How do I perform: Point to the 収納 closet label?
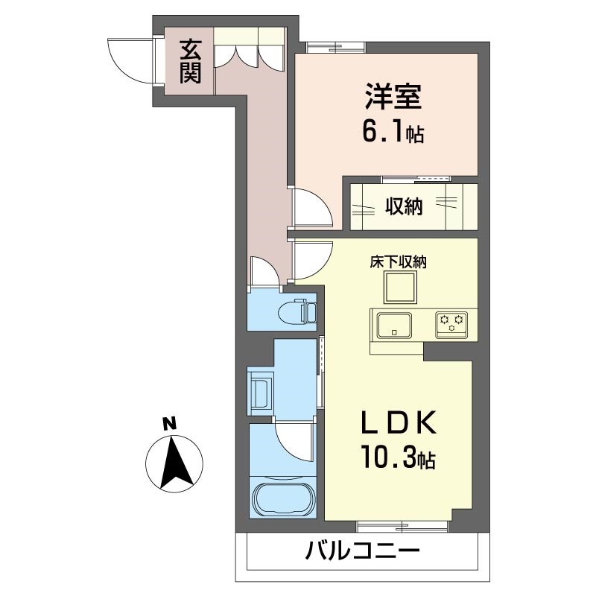click(404, 206)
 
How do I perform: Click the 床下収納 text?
click(398, 261)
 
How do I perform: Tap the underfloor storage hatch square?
click(398, 287)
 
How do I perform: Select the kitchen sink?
click(394, 325)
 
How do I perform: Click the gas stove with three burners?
click(451, 322)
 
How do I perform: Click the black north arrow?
click(177, 462)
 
